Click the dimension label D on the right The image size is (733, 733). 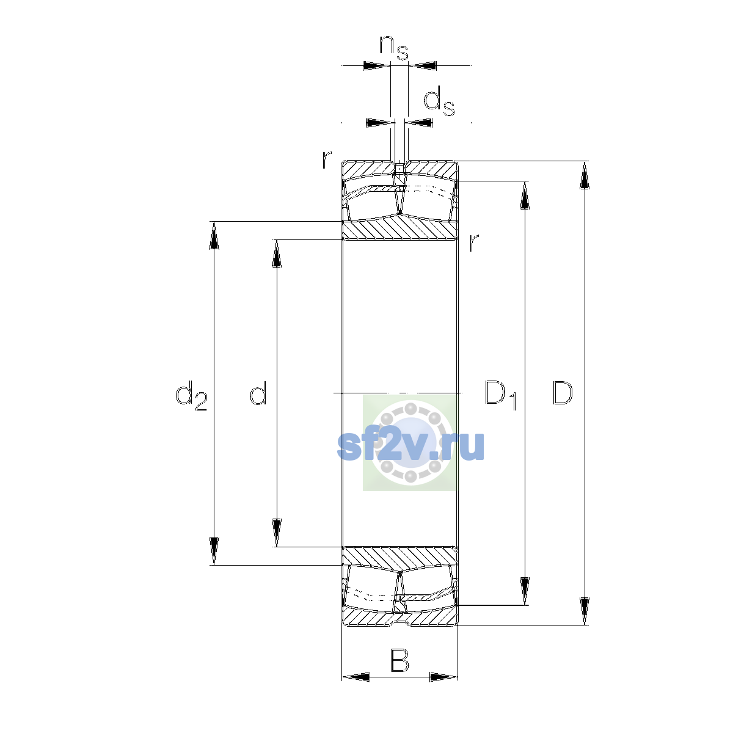[x=562, y=393]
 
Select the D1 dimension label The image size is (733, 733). [x=501, y=395]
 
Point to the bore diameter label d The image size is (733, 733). [x=258, y=393]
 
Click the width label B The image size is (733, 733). [x=399, y=661]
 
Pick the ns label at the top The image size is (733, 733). [x=394, y=48]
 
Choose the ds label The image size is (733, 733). [x=439, y=101]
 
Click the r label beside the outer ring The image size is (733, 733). [x=326, y=159]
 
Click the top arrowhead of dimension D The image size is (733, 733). [x=585, y=175]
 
